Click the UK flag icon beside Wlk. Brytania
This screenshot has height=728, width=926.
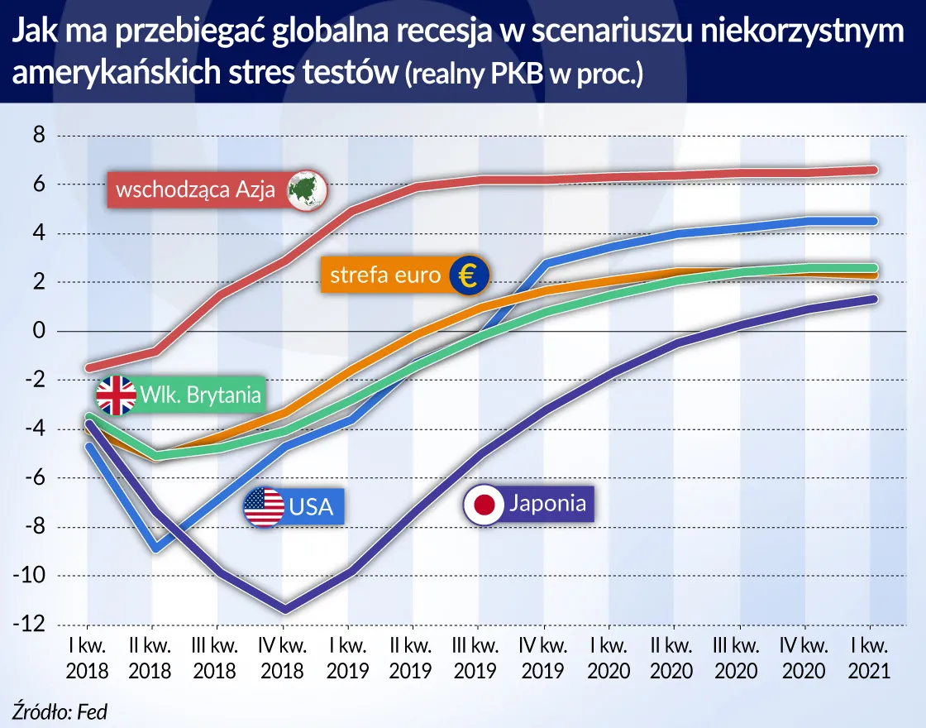click(117, 395)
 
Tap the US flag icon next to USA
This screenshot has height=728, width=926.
click(264, 506)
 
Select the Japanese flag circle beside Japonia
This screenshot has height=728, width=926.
click(483, 504)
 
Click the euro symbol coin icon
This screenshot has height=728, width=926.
click(469, 275)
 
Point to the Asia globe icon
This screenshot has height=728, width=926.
click(307, 190)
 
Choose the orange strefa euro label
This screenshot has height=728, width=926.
click(385, 275)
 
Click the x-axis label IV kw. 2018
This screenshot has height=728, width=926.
click(283, 658)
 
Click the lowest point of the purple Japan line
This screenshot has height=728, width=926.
click(284, 610)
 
